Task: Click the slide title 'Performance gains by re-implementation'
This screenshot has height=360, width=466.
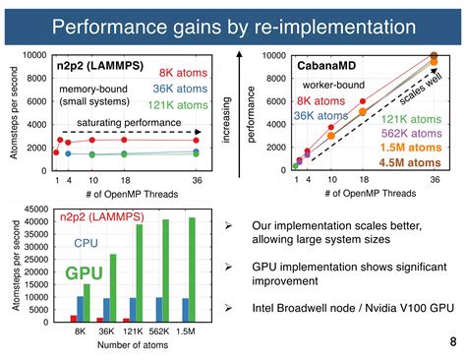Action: [x=232, y=24]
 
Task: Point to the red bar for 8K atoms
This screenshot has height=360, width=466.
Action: [x=74, y=319]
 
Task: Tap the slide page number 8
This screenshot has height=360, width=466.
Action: [x=451, y=341]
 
